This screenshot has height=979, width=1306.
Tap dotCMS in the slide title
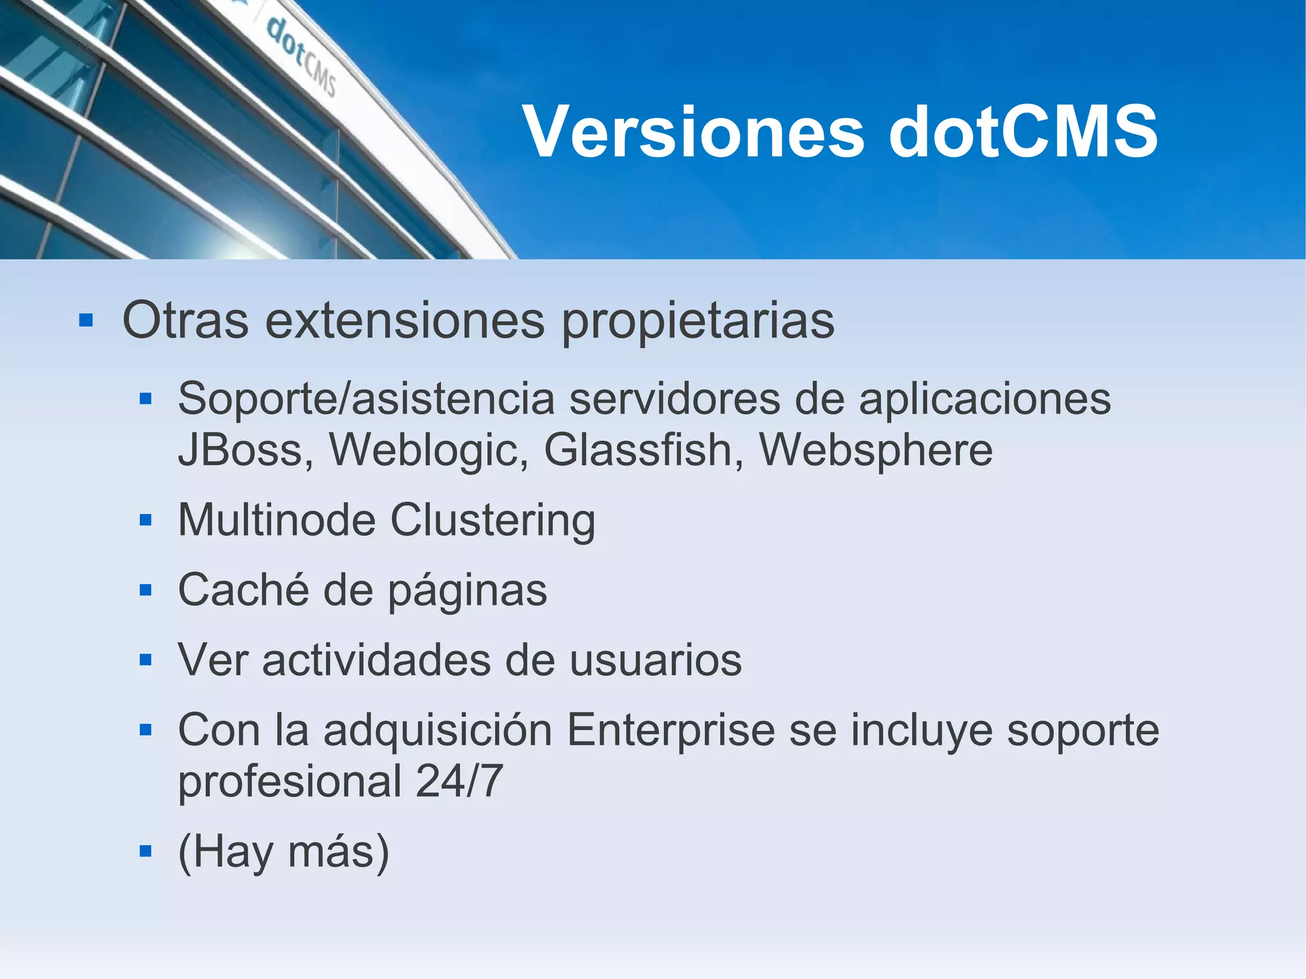(1023, 132)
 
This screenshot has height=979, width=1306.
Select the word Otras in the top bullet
(185, 320)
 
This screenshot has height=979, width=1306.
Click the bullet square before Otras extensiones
(86, 320)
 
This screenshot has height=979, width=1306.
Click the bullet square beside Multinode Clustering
(145, 520)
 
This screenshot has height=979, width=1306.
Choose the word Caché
(243, 589)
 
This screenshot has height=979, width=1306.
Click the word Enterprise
(670, 731)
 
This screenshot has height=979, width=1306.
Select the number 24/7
(459, 781)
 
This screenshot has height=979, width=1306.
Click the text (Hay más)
(283, 852)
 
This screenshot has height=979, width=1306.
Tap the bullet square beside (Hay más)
(145, 851)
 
